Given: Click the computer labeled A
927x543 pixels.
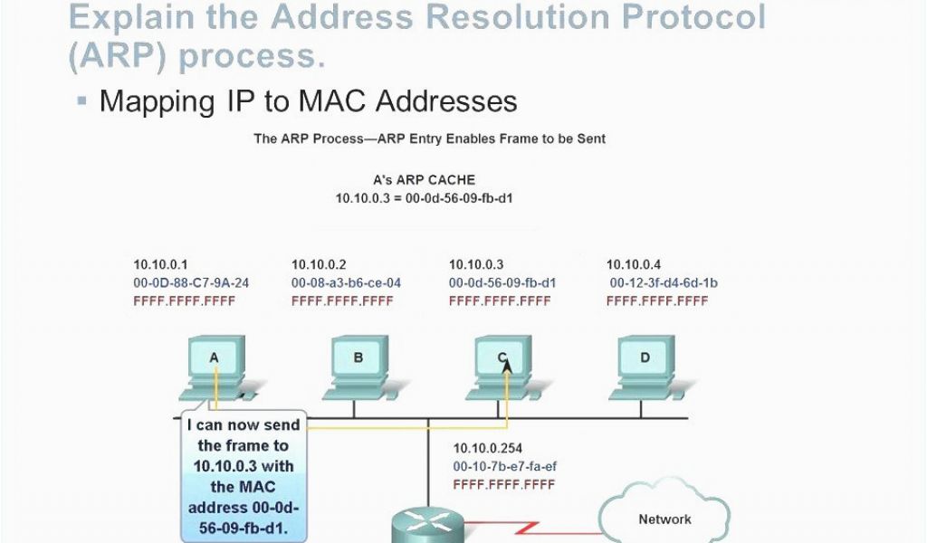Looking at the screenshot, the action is [215, 367].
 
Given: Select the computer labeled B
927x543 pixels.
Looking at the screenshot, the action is [358, 367].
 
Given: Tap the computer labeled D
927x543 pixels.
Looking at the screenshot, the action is [645, 367].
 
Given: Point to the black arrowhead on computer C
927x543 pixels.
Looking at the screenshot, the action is [507, 367].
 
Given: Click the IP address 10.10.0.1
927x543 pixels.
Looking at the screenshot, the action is [160, 264].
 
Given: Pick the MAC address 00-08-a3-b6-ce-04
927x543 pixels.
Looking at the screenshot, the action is [346, 283].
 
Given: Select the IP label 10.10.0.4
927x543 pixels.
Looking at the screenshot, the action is [633, 264].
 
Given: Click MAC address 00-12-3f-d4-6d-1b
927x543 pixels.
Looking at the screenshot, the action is [664, 283].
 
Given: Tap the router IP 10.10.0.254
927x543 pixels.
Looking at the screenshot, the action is [488, 449].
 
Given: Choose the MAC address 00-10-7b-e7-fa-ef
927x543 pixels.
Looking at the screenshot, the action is [505, 467].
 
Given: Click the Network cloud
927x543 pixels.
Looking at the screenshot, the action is [664, 515].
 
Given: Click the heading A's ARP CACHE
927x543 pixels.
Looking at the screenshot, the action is [424, 179].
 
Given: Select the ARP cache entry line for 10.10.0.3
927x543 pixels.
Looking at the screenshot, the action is [424, 198].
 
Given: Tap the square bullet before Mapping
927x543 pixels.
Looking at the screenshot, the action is [82, 101].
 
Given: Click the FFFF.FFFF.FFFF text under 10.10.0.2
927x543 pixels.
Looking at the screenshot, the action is [342, 301].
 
